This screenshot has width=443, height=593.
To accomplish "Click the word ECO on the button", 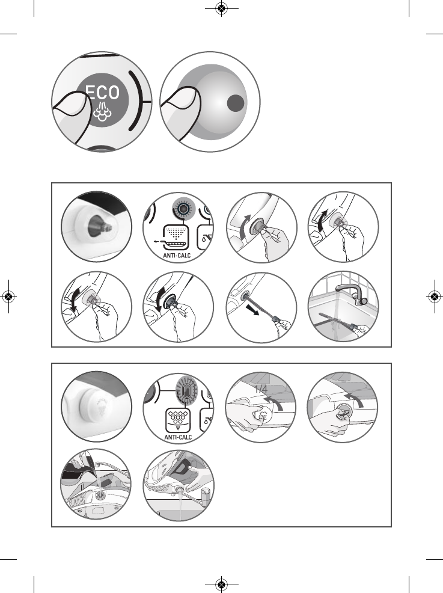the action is pos(102,92).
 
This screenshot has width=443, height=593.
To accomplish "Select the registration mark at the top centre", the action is pos(221,8).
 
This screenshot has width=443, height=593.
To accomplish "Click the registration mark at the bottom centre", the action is pos(221,584).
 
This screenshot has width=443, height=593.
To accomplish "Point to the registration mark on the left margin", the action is pos(8,296).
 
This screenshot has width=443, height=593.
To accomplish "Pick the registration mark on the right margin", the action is pos(434,296).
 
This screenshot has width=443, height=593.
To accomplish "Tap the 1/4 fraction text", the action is pos(261,390).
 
